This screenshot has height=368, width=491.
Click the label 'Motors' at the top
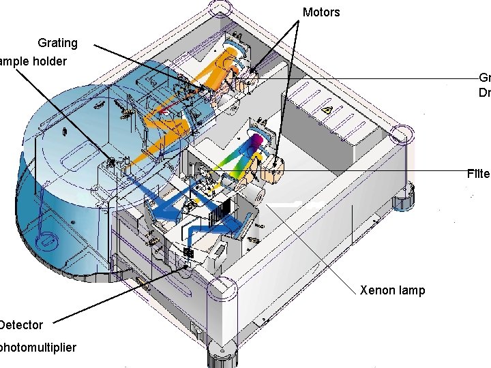pyautogui.click(x=321, y=12)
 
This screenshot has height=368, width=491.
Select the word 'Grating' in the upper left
pyautogui.click(x=57, y=43)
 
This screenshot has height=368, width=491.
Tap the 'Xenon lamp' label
pyautogui.click(x=392, y=290)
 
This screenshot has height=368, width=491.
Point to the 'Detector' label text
pyautogui.click(x=21, y=325)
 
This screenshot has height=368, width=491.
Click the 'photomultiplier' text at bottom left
pyautogui.click(x=38, y=348)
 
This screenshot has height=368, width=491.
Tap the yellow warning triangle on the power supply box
pyautogui.click(x=328, y=110)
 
